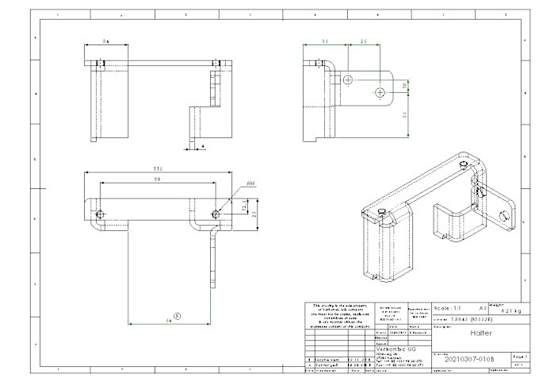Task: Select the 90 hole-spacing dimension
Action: pyautogui.click(x=159, y=180)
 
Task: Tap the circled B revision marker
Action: pyautogui.click(x=178, y=315)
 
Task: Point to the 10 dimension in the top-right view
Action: pyautogui.click(x=403, y=84)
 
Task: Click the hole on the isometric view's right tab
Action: pyautogui.click(x=504, y=216)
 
